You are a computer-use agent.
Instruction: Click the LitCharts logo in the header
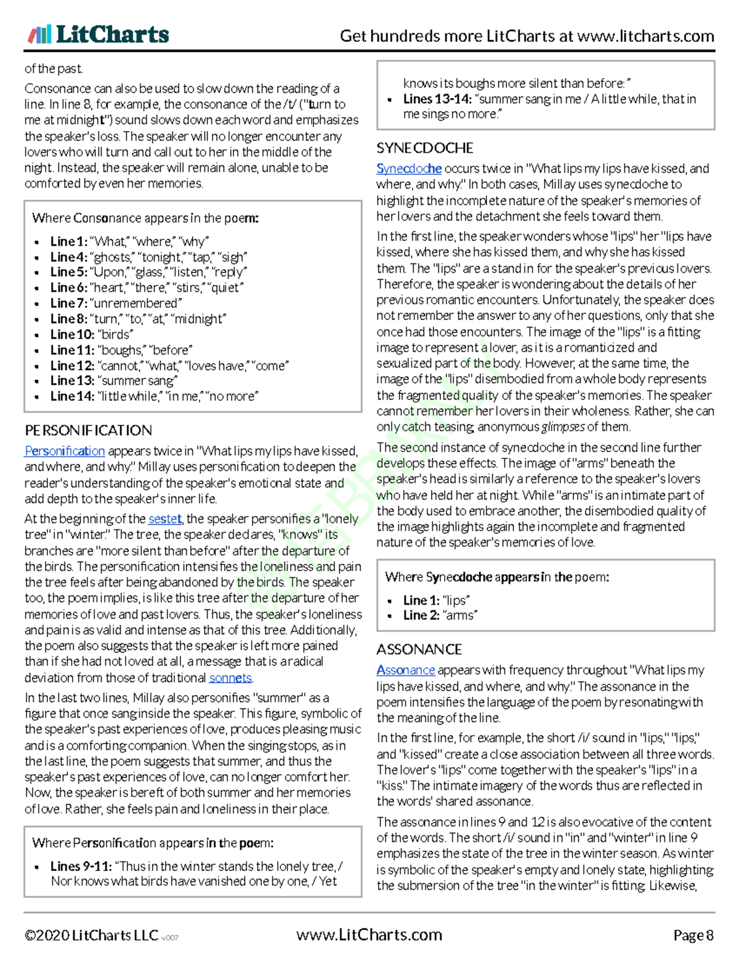[x=98, y=34]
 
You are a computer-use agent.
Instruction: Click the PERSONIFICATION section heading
[x=88, y=430]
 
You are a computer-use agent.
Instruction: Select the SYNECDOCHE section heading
[x=425, y=148]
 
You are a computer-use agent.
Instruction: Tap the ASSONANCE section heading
[x=419, y=649]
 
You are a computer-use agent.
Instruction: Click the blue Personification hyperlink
[x=65, y=451]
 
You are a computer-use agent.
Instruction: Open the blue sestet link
[x=165, y=519]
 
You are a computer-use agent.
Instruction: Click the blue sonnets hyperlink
[x=230, y=678]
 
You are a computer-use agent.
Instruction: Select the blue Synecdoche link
[x=409, y=169]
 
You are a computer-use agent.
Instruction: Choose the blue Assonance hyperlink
[x=405, y=670]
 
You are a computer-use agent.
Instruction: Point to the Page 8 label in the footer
[x=693, y=936]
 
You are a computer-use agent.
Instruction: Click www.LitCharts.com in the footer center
[x=369, y=935]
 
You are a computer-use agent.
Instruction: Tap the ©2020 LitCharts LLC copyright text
[x=91, y=936]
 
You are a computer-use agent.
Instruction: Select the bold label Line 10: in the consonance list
[x=72, y=334]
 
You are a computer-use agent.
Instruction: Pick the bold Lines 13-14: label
[x=437, y=99]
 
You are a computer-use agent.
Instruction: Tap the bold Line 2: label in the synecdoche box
[x=421, y=615]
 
